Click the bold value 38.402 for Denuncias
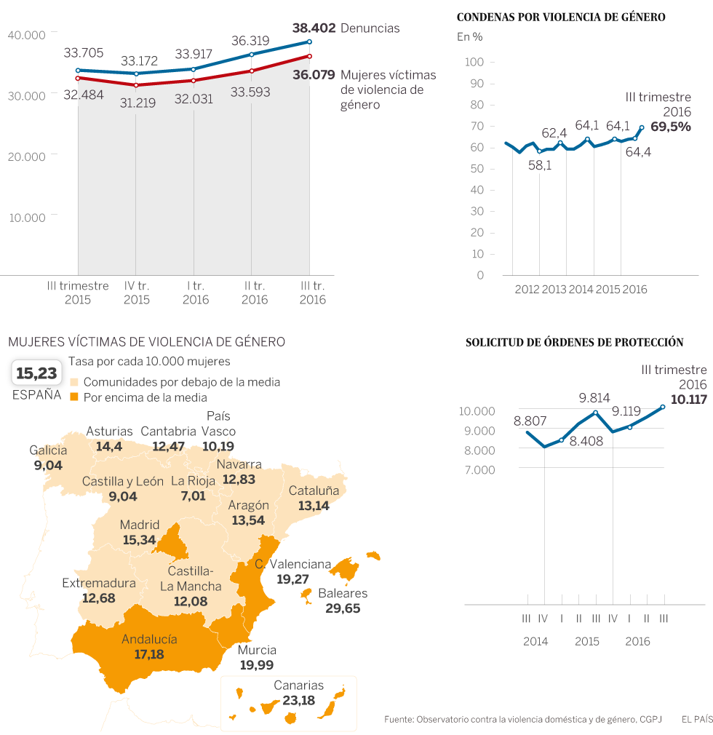(x=314, y=28)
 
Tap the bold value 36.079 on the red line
(x=314, y=74)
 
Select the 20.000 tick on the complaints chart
(x=26, y=156)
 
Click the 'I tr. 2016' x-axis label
(x=194, y=293)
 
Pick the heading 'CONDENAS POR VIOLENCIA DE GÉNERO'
(x=560, y=17)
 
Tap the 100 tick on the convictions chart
(x=475, y=63)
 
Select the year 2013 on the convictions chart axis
(x=554, y=290)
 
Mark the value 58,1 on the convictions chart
(x=539, y=165)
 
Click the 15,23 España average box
(x=36, y=373)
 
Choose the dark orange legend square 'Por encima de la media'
(x=73, y=397)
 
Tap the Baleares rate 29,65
(x=343, y=608)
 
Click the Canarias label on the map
(x=298, y=686)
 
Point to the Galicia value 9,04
(x=48, y=464)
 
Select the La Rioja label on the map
(x=194, y=481)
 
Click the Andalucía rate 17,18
(x=149, y=654)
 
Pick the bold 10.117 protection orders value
(x=688, y=400)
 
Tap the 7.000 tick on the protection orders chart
(x=477, y=470)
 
